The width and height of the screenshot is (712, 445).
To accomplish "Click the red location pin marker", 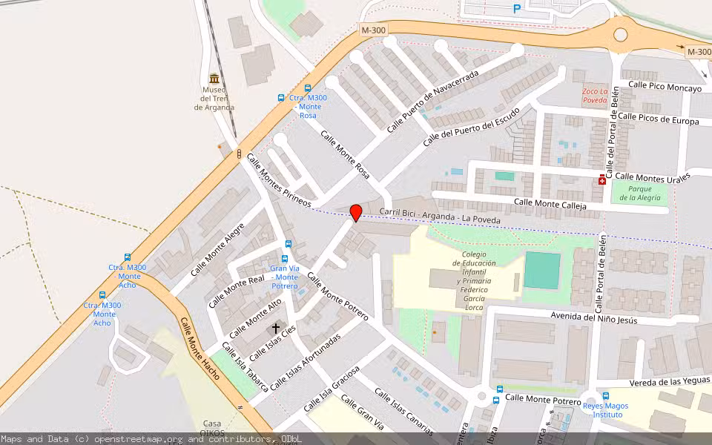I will (356, 212).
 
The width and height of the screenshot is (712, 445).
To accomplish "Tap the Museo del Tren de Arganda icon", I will (214, 79).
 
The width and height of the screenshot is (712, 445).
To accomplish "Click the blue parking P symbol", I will (517, 9).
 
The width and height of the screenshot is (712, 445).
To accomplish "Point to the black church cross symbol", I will (276, 327).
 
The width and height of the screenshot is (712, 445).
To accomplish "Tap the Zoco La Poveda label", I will (594, 96).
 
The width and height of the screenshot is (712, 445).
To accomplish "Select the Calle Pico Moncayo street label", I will (665, 88).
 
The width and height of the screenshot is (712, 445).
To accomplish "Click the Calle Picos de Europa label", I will (658, 119).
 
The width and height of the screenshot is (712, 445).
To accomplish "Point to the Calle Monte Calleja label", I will (550, 204).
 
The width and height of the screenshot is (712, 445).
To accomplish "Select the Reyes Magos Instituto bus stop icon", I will (605, 396).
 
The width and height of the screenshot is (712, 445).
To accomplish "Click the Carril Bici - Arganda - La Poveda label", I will (440, 216).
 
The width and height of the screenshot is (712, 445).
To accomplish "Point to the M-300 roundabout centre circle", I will (620, 34).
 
